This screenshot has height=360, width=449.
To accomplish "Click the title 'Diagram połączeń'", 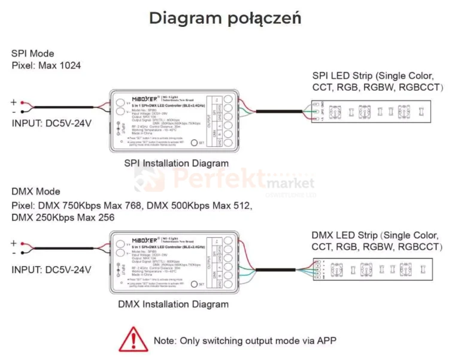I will pyautogui.click(x=224, y=18).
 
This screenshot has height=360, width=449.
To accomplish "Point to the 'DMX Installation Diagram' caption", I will pyautogui.click(x=173, y=304).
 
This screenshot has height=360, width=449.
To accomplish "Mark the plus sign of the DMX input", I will pyautogui.click(x=14, y=243).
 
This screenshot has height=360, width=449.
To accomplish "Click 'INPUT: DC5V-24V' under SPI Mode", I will pyautogui.click(x=51, y=124).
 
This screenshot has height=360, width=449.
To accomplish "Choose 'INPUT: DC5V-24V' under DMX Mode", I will pyautogui.click(x=51, y=270).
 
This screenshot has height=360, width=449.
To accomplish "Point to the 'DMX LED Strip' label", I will pyautogui.click(x=345, y=235).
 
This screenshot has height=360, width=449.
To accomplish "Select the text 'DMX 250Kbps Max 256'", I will pyautogui.click(x=63, y=217).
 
